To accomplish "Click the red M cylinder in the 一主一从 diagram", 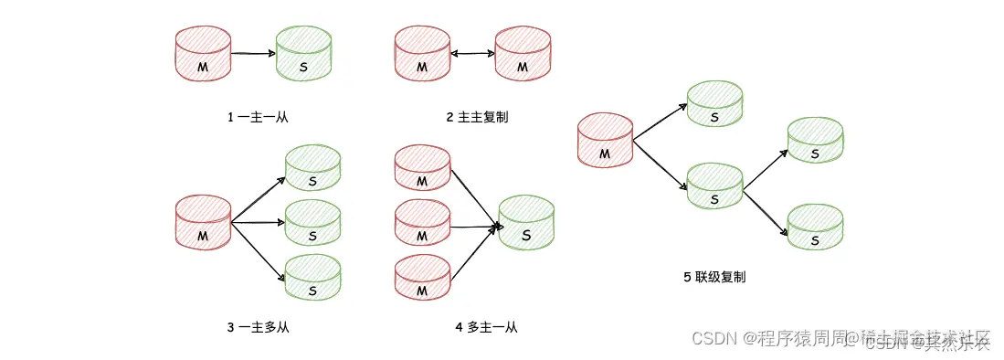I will tap(202, 54).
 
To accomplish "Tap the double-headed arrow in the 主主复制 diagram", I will tap(472, 55).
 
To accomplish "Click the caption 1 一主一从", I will tap(258, 117).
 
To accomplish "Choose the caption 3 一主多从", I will tap(258, 326).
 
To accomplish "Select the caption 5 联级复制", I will tap(714, 276).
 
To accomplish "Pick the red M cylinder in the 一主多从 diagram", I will tap(202, 222).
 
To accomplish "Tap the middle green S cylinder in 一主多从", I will tap(312, 223).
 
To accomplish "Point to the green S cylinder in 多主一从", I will tap(527, 222).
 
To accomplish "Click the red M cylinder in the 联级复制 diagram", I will tap(605, 141).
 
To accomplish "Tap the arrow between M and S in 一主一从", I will tap(252, 54).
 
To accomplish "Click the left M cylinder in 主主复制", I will tap(421, 54).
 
